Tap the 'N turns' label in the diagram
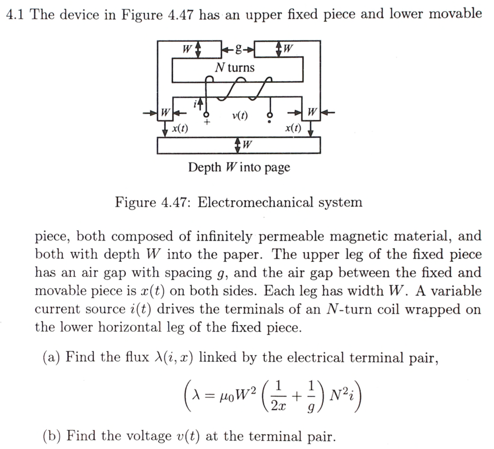234,68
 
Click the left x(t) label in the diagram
180,129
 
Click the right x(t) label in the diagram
292,129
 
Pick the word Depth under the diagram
203,167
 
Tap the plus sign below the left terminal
207,123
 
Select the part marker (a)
51,358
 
